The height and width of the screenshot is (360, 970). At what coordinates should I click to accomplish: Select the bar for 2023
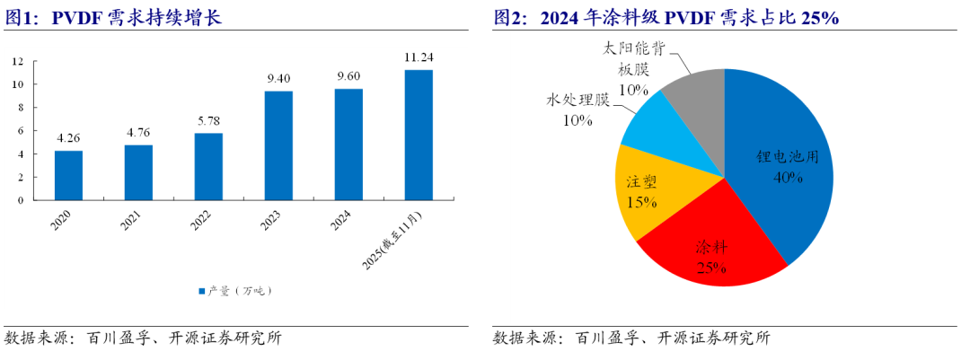(278, 145)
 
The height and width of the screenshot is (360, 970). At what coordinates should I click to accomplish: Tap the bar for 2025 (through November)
(419, 135)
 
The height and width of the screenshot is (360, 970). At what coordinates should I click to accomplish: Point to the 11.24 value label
(419, 57)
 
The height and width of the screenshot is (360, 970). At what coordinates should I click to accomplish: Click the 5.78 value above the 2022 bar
(208, 120)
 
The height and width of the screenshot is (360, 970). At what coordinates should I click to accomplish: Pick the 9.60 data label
(348, 76)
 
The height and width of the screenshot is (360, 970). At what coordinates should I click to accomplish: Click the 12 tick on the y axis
(17, 61)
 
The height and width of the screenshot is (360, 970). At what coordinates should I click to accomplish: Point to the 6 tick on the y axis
(21, 131)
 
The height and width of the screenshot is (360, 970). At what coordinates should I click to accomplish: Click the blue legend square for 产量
(201, 291)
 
